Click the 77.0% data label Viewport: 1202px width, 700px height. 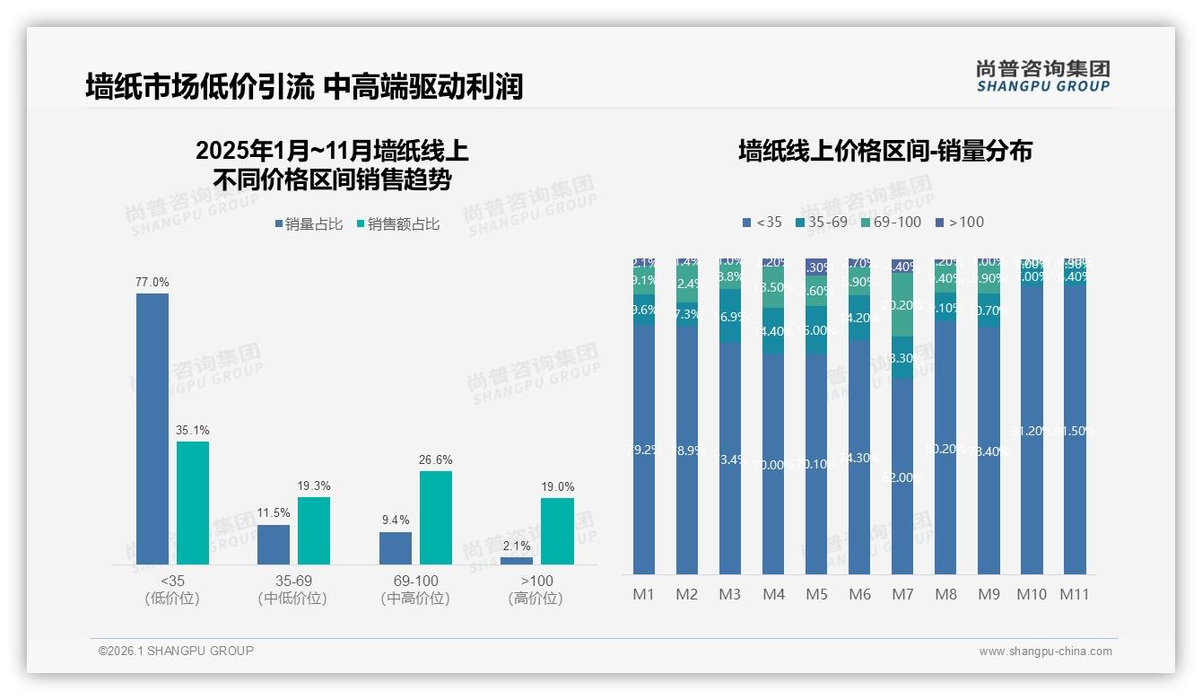click(152, 282)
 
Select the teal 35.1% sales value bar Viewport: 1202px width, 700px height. click(193, 503)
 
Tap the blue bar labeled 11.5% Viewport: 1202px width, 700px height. click(274, 545)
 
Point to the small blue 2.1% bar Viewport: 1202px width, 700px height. click(517, 561)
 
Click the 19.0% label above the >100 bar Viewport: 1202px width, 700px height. click(557, 486)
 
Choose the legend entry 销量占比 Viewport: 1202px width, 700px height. click(309, 224)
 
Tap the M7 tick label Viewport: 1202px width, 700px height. click(902, 594)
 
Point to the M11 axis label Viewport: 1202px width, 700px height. click(1075, 594)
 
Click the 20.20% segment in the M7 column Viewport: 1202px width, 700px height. click(902, 305)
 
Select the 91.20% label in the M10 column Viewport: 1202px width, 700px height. click(1032, 431)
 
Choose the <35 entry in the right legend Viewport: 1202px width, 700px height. click(762, 222)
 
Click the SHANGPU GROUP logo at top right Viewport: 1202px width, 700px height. click(1042, 76)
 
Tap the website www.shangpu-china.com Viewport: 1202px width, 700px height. click(1045, 652)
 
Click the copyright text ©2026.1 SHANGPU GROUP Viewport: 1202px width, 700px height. click(176, 651)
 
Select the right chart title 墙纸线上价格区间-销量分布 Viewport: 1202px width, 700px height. click(884, 151)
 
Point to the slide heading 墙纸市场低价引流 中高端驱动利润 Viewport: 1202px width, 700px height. click(304, 87)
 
